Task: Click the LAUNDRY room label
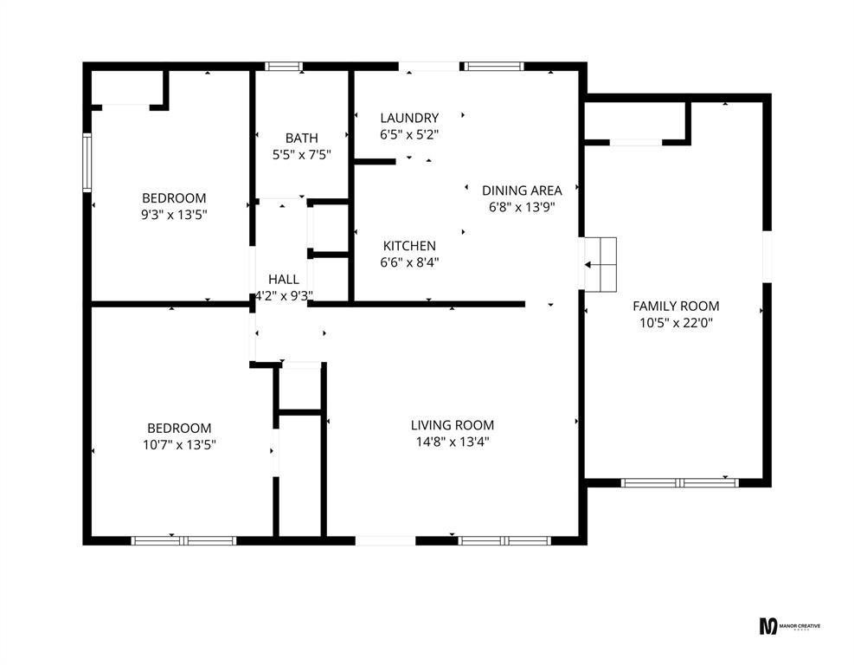coord(409,118)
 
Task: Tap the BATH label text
coord(301,138)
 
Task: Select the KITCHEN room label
coord(409,246)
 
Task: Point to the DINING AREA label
coord(522,190)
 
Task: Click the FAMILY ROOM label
coord(676,306)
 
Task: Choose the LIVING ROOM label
coord(452,425)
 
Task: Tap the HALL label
coord(284,279)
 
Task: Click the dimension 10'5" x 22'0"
coord(676,323)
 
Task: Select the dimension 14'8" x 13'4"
coord(452,442)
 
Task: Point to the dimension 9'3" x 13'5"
coord(174,215)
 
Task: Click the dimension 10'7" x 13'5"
coord(179,445)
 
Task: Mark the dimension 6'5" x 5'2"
coord(409,135)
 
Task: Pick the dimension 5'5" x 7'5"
coord(301,155)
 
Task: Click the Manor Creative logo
coord(789,626)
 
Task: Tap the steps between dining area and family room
coord(600,264)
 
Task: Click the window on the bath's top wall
coord(284,66)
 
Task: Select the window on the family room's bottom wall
coord(679,482)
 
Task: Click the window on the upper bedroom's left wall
coord(87,162)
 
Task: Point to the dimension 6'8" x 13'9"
coord(522,208)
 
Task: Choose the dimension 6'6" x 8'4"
coord(409,263)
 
